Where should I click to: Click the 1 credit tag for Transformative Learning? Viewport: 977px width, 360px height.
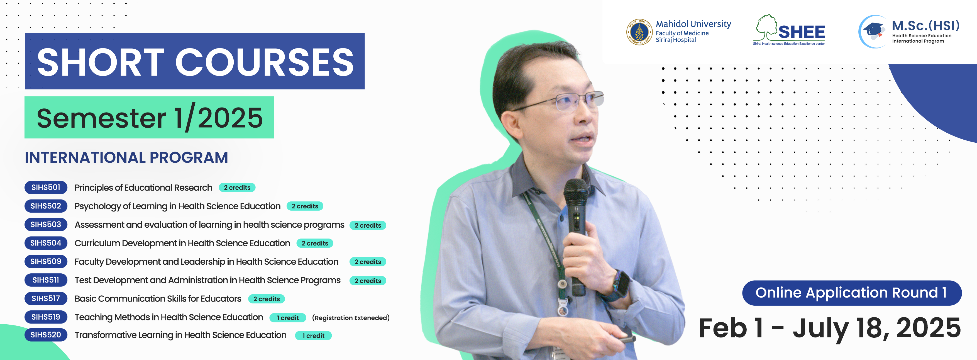pyautogui.click(x=313, y=336)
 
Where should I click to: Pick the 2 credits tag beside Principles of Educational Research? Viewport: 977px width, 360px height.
pyautogui.click(x=237, y=188)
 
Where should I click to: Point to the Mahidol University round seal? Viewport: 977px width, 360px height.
pyautogui.click(x=639, y=32)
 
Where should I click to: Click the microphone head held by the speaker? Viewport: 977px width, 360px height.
pyautogui.click(x=576, y=193)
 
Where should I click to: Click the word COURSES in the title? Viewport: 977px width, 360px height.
pyautogui.click(x=264, y=62)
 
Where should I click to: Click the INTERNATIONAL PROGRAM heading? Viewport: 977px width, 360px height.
pyautogui.click(x=126, y=157)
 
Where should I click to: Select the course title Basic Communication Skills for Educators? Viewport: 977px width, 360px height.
pyautogui.click(x=158, y=299)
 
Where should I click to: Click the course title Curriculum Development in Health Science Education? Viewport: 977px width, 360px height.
pyautogui.click(x=182, y=243)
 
